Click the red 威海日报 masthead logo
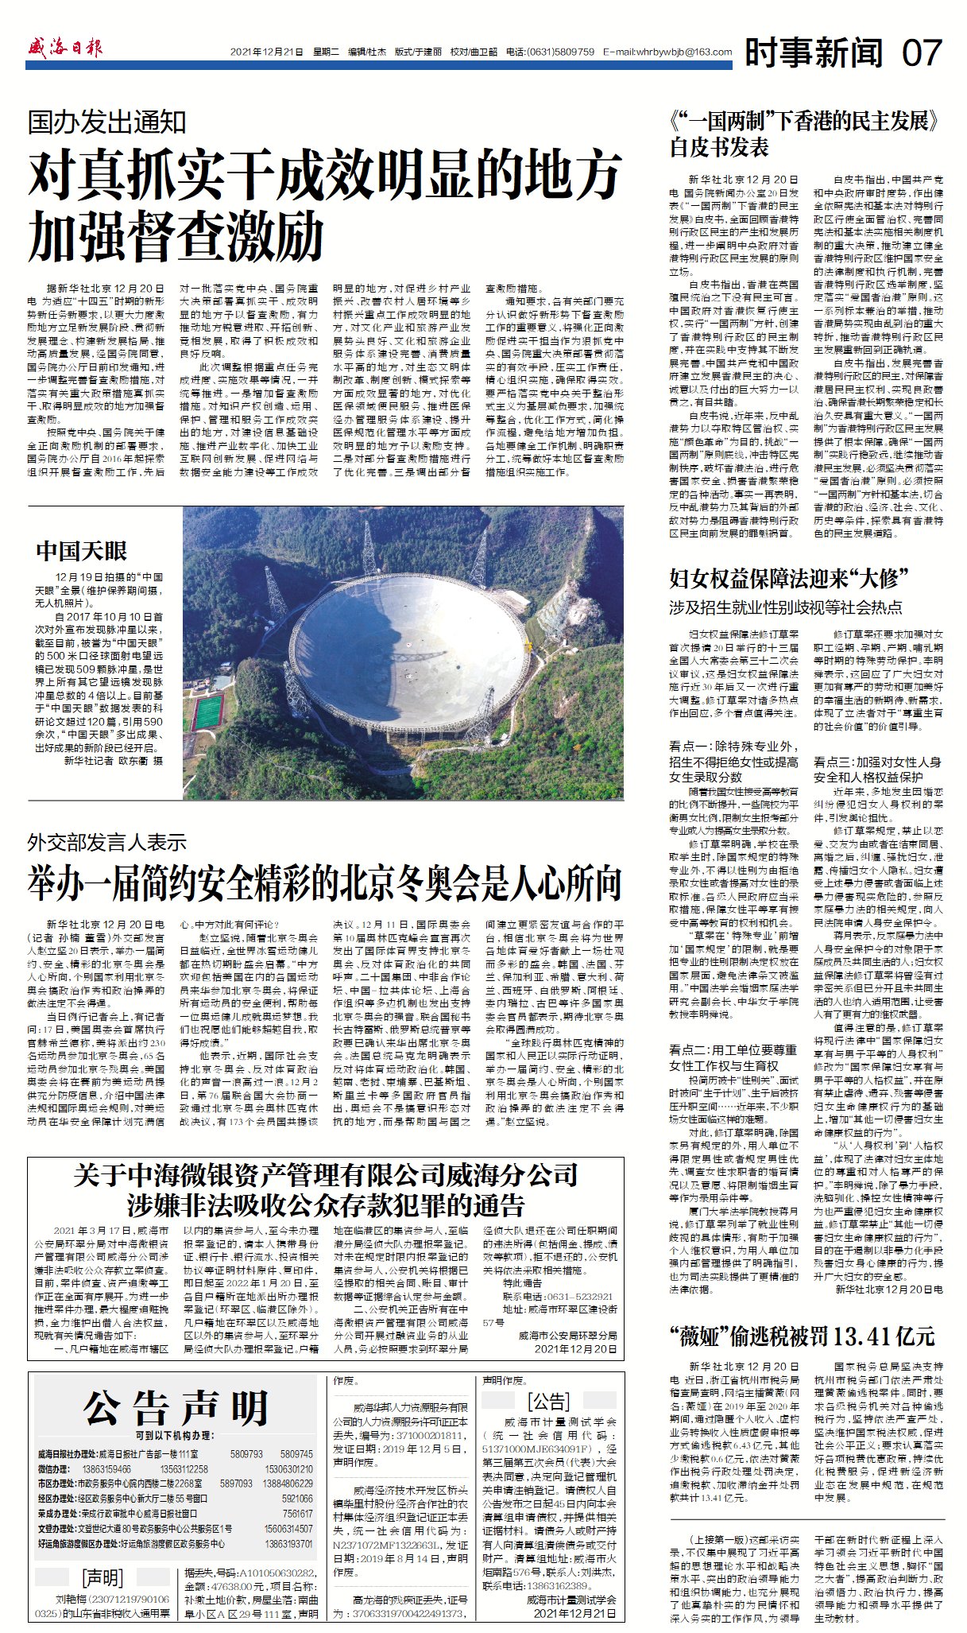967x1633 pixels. coord(66,48)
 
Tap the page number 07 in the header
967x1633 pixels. coord(923,52)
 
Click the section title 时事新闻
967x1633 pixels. coord(814,52)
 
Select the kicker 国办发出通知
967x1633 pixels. coord(107,122)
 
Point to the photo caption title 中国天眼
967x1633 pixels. coord(82,550)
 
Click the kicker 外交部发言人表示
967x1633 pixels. coord(107,842)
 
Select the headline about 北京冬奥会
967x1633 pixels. coord(324,882)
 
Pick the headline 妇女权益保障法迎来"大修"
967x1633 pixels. coord(788,578)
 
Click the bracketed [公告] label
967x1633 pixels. coord(549,1401)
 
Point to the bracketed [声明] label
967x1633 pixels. coord(103,1577)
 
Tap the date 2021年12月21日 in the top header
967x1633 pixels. coord(267,52)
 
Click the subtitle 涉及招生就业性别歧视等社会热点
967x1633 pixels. coord(785,607)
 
